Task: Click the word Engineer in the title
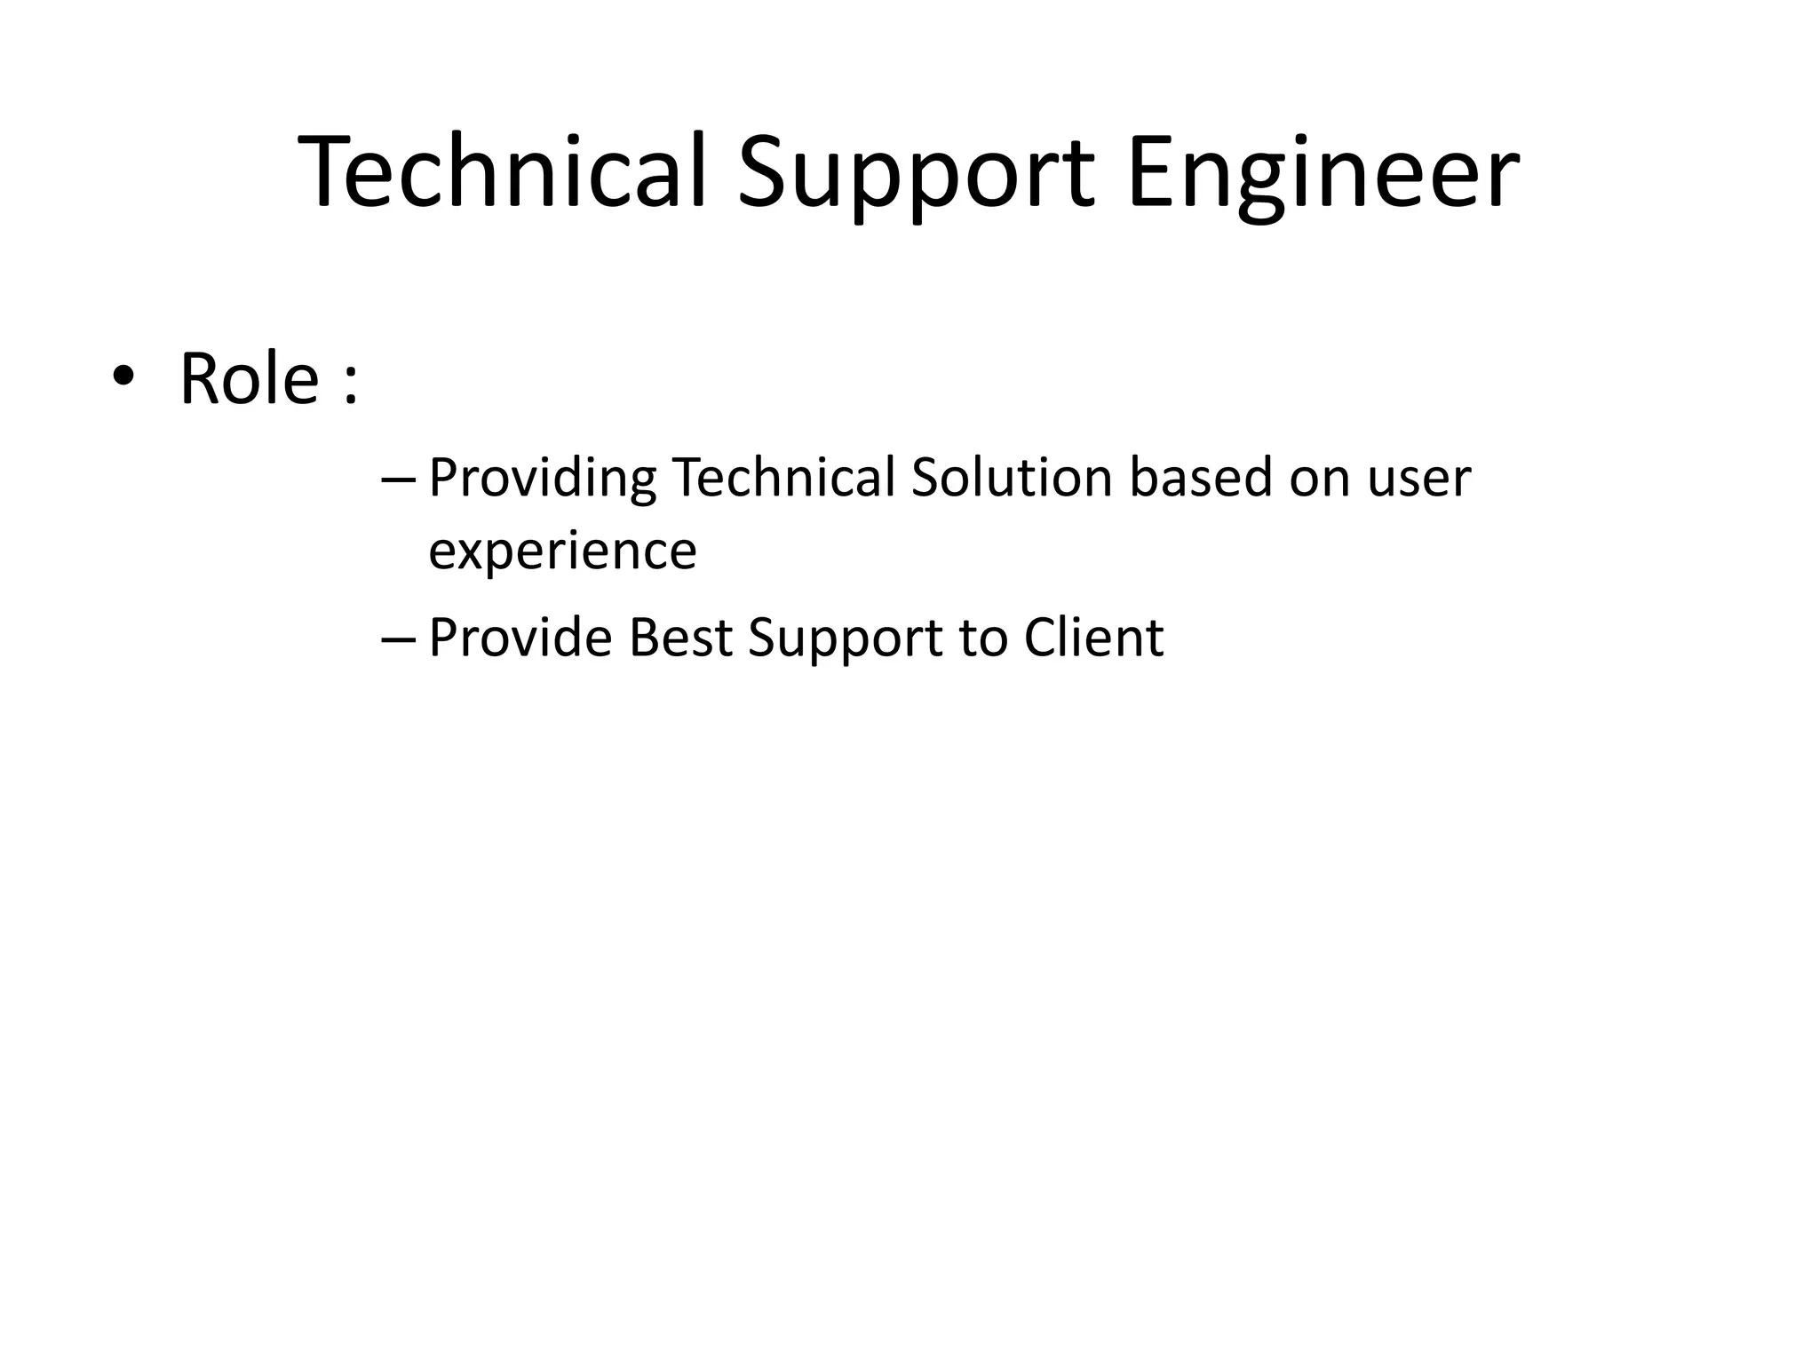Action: [1323, 173]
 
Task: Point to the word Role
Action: [249, 379]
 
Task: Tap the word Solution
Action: [1012, 477]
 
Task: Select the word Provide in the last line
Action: [520, 638]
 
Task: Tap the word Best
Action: [680, 638]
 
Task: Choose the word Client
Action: [1093, 638]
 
